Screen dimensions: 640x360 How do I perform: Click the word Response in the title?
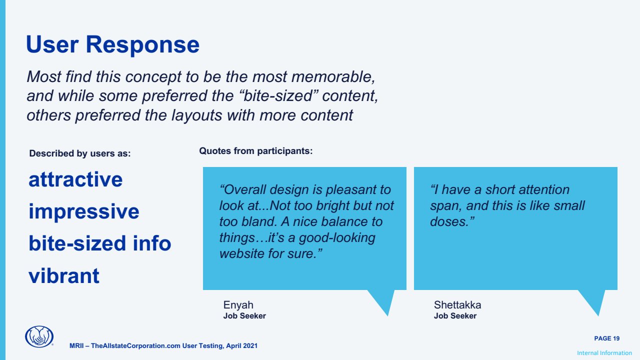142,45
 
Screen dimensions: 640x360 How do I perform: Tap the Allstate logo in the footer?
39,336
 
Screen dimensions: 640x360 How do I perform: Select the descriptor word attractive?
75,179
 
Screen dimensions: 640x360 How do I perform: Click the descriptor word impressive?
84,212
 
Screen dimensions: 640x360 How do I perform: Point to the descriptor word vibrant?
64,276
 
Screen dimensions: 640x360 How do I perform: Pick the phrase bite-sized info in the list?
100,243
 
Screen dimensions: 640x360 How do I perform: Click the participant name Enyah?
238,305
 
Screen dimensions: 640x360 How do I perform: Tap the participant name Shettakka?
457,305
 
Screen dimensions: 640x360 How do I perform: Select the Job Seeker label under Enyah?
244,316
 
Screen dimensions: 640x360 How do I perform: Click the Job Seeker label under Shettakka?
455,316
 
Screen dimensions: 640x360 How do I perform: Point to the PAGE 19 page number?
607,338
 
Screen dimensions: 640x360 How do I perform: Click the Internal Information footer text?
604,353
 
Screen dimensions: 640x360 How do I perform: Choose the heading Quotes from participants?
256,151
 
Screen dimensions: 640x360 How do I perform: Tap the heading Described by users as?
80,153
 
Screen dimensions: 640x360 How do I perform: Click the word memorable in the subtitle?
333,77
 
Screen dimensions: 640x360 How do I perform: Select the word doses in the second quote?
452,221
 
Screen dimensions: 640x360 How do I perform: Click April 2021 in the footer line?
241,346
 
